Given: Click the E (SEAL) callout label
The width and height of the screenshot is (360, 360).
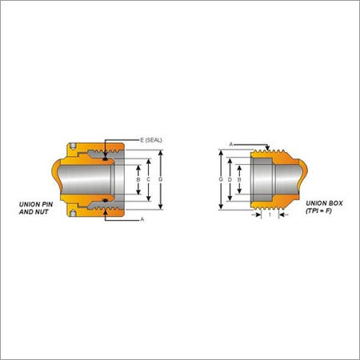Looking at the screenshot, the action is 151,140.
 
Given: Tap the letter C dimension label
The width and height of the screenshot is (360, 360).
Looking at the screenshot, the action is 148,179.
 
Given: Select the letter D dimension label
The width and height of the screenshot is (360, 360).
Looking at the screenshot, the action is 230,180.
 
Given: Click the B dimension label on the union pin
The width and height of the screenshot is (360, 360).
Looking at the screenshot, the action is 138,179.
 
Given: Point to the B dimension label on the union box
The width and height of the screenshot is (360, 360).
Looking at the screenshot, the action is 239,180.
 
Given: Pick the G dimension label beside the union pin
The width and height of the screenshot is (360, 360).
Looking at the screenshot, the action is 160,179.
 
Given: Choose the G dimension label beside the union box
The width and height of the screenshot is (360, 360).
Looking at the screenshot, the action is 221,179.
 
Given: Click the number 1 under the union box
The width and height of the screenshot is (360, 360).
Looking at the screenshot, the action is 270,214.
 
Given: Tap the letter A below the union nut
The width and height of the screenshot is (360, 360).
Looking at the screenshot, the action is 142,219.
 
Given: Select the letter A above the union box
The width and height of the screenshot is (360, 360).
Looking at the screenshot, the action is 231,144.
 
